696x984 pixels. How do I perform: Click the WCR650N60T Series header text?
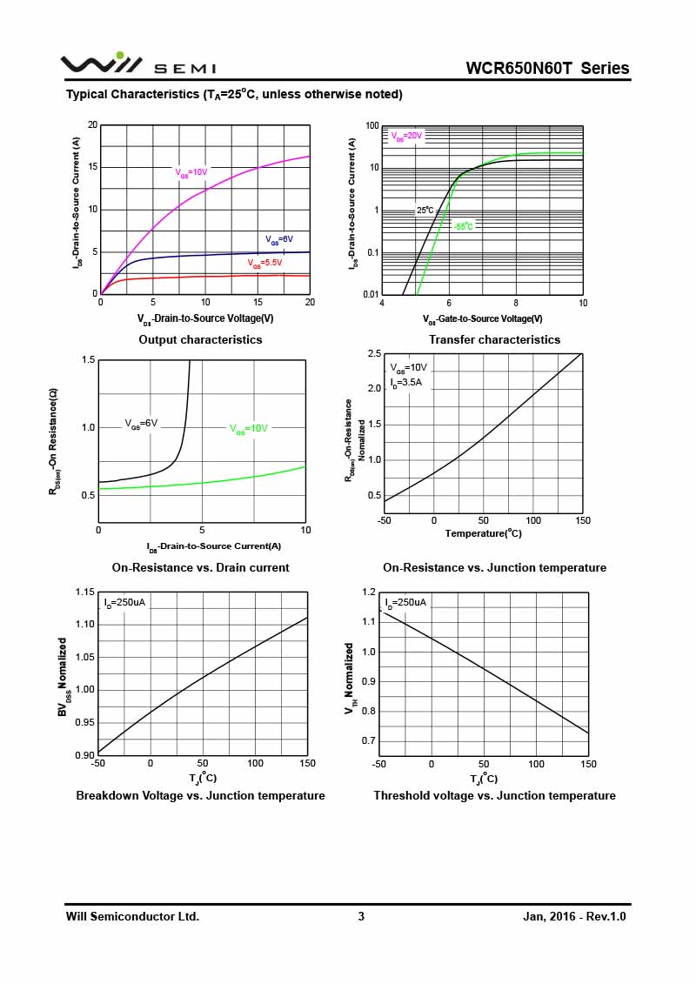click(x=547, y=69)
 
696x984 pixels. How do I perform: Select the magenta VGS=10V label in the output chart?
click(x=191, y=172)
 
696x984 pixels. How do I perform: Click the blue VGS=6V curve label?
click(x=278, y=239)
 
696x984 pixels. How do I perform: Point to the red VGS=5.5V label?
click(x=265, y=263)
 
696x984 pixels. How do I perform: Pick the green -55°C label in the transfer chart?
click(x=463, y=226)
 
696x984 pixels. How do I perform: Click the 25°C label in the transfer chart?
click(x=425, y=211)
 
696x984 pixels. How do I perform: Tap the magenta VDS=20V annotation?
click(x=405, y=137)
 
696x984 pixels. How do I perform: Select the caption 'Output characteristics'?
click(x=200, y=340)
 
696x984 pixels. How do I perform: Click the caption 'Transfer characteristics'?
click(x=494, y=340)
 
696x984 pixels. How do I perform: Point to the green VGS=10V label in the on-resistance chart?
click(x=249, y=428)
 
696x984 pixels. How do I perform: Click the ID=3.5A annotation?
click(x=405, y=382)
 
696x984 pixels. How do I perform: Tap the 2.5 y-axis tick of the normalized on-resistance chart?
click(x=374, y=353)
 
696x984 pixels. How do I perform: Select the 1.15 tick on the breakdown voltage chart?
click(x=84, y=592)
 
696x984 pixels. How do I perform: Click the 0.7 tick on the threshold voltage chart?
click(x=369, y=741)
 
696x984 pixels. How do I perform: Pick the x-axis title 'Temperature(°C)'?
click(x=483, y=533)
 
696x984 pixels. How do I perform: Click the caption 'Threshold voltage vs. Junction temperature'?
click(x=494, y=796)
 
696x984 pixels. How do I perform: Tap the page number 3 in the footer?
click(x=361, y=917)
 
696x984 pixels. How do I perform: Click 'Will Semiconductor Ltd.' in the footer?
click(x=132, y=917)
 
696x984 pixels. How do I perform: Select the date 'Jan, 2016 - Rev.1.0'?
click(x=574, y=917)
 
